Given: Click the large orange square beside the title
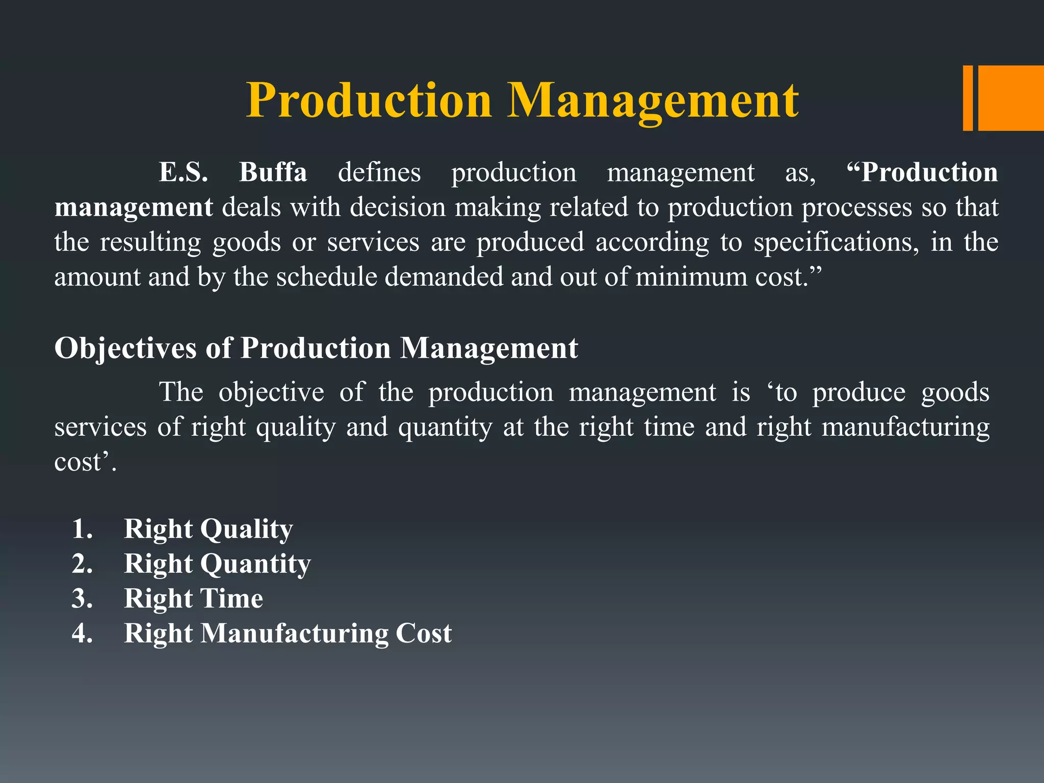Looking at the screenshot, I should point(1011,98).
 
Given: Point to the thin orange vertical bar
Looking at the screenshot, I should point(968,98).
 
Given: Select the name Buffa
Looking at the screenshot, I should point(273,172).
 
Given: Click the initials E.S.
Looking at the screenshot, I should point(184,172).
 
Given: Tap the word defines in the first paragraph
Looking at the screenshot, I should point(379,172).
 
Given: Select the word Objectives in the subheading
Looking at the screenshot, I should point(125,349).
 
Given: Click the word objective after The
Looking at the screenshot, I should point(271,393).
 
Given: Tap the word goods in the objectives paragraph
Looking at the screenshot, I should point(955,393).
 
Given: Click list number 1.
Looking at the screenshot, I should point(82,529).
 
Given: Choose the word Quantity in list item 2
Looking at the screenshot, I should point(255,564).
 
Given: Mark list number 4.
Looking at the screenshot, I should point(82,634).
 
